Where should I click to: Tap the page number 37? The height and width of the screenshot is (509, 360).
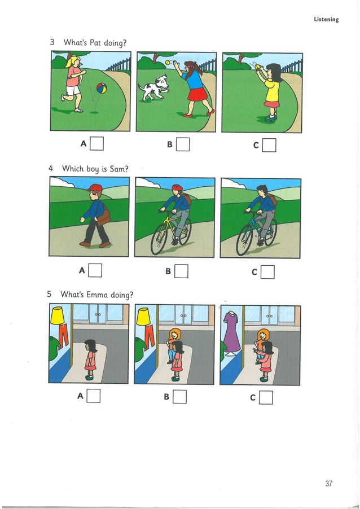point(330,483)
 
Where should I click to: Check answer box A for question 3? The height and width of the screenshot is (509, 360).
point(97,145)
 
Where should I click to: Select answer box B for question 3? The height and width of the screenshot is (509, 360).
point(183,146)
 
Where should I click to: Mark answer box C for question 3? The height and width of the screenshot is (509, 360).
point(270,146)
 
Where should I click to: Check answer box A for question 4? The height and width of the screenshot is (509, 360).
point(95,272)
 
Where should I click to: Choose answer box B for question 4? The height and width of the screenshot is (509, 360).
point(181,273)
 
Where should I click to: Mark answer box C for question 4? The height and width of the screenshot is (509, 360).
point(268,273)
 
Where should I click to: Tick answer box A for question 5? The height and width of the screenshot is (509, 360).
point(94,396)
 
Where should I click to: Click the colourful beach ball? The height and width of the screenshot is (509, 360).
point(101,89)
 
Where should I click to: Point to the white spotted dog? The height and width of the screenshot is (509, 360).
point(153,88)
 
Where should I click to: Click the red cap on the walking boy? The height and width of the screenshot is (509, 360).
point(95,188)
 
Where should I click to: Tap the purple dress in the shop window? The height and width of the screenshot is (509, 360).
point(231,332)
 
